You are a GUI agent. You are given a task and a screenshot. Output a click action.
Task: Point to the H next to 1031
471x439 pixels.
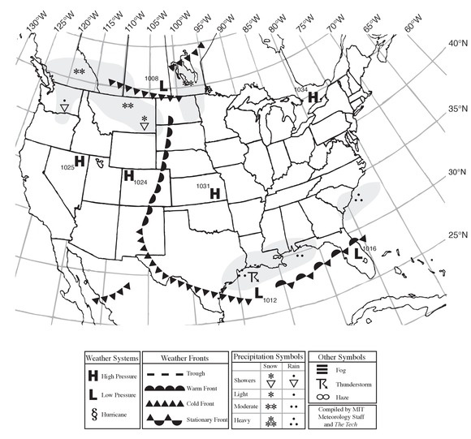tap(215, 193)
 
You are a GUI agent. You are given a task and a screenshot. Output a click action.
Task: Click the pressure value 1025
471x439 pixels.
tap(67, 167)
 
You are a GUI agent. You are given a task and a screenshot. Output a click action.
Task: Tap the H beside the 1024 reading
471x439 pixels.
tap(127, 175)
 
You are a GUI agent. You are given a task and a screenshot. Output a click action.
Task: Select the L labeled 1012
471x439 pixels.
tap(259, 293)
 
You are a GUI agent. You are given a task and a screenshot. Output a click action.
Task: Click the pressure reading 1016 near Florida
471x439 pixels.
tap(369, 247)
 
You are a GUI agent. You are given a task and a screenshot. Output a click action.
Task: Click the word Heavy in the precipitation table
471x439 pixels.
tap(242, 421)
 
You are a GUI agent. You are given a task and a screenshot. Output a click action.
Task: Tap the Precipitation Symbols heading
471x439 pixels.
tap(267, 356)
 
